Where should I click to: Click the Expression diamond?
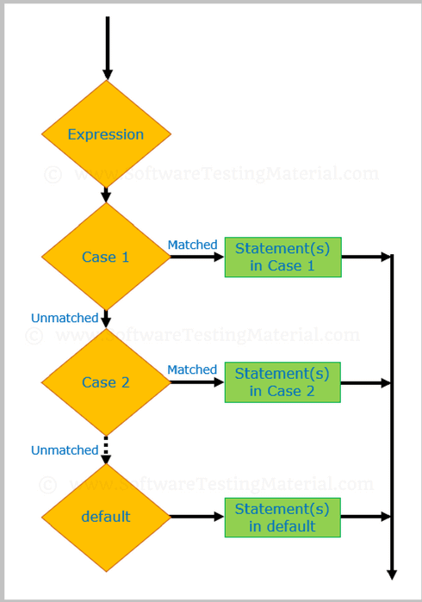pyautogui.click(x=106, y=134)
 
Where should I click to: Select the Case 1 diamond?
pyautogui.click(x=106, y=257)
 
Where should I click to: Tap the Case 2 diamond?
pyautogui.click(x=106, y=382)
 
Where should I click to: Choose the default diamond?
pyautogui.click(x=106, y=517)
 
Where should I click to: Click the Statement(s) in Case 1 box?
pyautogui.click(x=282, y=257)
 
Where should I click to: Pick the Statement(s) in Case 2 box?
pyautogui.click(x=282, y=382)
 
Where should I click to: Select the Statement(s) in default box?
pyautogui.click(x=282, y=517)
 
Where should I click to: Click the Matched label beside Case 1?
pyautogui.click(x=192, y=245)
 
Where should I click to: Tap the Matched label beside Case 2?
pyautogui.click(x=192, y=369)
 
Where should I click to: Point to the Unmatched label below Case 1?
pyautogui.click(x=65, y=318)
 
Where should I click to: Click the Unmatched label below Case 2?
pyautogui.click(x=65, y=450)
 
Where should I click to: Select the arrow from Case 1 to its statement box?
pyautogui.click(x=197, y=257)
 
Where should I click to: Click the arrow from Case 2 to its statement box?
pyautogui.click(x=197, y=382)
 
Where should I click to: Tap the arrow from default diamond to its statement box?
pyautogui.click(x=197, y=517)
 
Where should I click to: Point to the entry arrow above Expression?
pyautogui.click(x=107, y=47)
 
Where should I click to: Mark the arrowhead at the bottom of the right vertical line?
pyautogui.click(x=392, y=573)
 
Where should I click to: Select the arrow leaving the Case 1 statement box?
pyautogui.click(x=366, y=257)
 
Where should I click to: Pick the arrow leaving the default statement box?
pyautogui.click(x=366, y=517)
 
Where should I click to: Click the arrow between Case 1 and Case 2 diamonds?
pyautogui.click(x=107, y=318)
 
